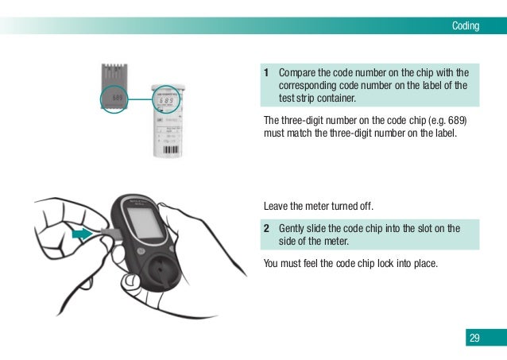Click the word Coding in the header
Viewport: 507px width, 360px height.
point(466,26)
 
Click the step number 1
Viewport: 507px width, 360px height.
point(268,72)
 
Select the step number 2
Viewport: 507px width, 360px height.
point(268,229)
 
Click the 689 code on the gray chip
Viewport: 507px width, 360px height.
point(118,100)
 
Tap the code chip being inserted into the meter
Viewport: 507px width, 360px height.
point(110,234)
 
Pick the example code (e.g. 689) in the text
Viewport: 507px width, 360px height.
point(447,120)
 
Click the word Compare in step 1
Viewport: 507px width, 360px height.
point(296,72)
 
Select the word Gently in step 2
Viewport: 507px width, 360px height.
point(293,229)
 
